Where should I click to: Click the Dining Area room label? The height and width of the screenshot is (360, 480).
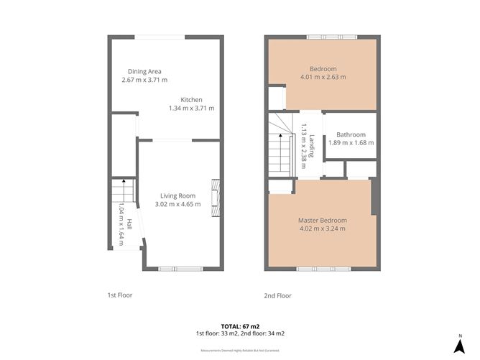point(144,71)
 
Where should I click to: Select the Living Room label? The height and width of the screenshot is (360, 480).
point(177,195)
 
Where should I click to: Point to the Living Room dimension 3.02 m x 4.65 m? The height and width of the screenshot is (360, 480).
point(177,204)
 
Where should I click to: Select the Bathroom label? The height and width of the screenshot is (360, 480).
point(351,134)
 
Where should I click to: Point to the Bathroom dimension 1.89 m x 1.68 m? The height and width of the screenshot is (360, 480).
point(351,142)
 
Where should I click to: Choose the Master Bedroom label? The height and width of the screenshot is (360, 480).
point(322,220)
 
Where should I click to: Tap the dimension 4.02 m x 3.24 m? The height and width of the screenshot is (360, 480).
point(322,229)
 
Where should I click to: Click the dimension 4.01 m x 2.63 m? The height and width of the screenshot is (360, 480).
point(323,77)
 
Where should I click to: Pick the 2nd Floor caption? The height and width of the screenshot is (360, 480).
point(277,295)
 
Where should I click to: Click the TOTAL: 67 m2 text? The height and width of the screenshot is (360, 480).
point(240,326)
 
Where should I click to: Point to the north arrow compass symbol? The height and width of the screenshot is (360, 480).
point(460,345)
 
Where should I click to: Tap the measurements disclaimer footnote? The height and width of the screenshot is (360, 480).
point(240,351)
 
